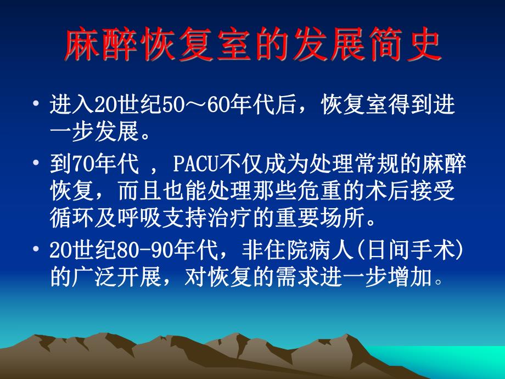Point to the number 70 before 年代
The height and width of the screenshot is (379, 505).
coord(75,164)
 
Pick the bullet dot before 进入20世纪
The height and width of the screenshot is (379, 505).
coord(36,104)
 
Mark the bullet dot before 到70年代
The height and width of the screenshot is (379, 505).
coord(36,163)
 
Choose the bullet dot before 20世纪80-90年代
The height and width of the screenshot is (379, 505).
coord(36,249)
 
